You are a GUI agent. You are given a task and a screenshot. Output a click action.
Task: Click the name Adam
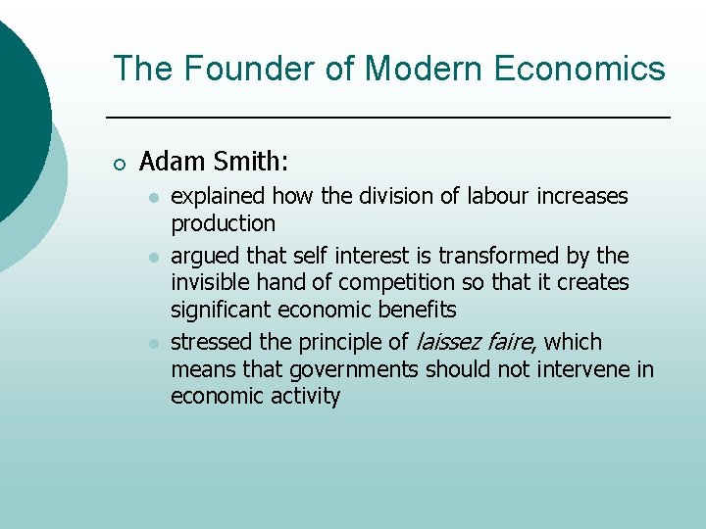(172, 161)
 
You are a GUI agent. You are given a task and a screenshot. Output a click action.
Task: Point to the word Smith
(251, 161)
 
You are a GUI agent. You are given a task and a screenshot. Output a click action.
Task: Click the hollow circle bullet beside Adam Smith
(119, 163)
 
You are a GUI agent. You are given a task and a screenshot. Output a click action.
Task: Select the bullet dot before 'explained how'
(152, 198)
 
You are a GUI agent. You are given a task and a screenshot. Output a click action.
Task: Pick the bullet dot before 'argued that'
(152, 258)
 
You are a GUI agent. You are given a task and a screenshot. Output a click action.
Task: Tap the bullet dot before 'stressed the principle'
(152, 344)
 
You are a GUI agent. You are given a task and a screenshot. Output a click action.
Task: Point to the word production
(223, 223)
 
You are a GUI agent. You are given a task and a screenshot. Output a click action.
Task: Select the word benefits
(418, 310)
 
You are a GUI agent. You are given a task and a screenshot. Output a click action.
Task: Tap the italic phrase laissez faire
(474, 342)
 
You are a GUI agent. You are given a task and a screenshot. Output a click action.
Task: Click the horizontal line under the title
(387, 118)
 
